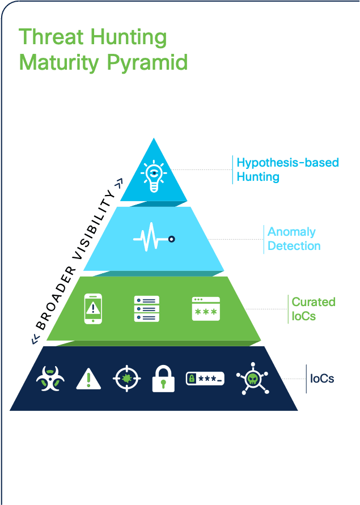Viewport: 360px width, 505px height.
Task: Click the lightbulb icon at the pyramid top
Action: (x=154, y=176)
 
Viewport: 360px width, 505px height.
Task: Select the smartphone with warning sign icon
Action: (x=93, y=308)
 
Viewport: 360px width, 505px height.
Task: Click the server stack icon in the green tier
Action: (x=147, y=308)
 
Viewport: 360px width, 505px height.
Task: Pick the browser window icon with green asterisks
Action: (x=206, y=308)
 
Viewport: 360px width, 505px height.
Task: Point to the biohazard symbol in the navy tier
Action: (x=50, y=379)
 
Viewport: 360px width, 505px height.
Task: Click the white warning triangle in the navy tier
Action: (x=88, y=379)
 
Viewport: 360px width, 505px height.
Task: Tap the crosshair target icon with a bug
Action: (x=126, y=378)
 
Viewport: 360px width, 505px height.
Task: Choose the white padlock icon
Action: (x=163, y=379)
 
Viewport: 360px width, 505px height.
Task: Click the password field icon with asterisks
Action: (x=205, y=379)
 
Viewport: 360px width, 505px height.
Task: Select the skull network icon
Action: (x=253, y=379)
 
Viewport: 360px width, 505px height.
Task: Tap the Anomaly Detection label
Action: (x=294, y=239)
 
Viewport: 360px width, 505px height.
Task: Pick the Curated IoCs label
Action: (x=314, y=309)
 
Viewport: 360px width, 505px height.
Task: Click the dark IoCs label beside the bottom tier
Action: (x=322, y=379)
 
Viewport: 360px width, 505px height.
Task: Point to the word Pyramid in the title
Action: (x=147, y=63)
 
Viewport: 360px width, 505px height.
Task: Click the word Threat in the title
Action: (x=52, y=36)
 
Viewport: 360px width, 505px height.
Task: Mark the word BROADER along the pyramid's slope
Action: (x=56, y=298)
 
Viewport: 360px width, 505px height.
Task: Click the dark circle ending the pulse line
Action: (x=171, y=239)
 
